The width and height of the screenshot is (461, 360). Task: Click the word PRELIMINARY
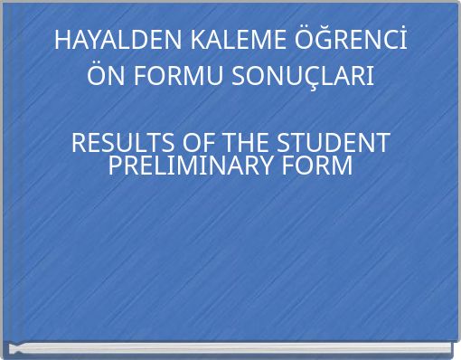(x=191, y=166)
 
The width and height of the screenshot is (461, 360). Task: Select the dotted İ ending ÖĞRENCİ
(x=400, y=41)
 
